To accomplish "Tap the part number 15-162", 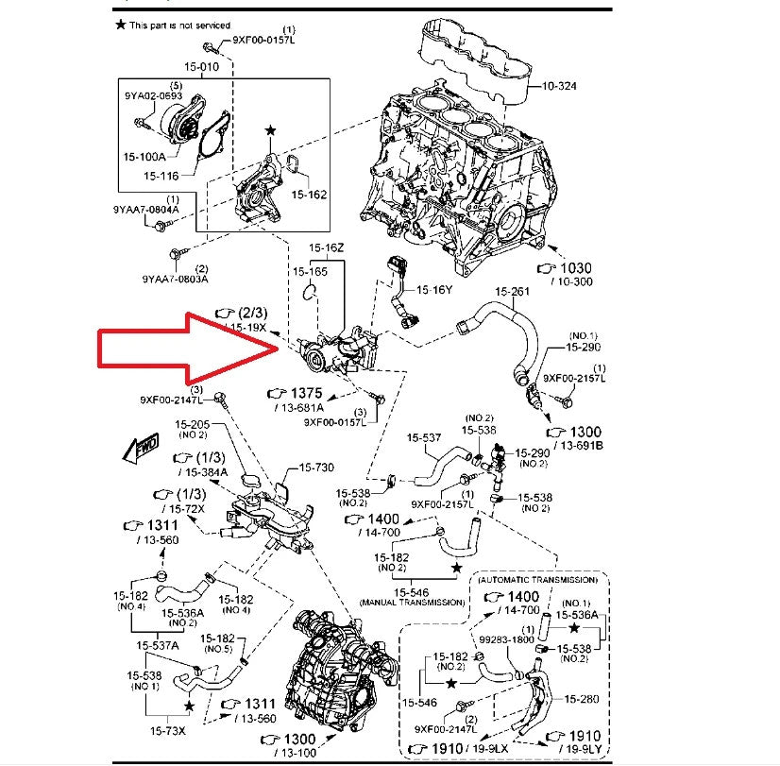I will tap(309, 195).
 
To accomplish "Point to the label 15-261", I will tap(524, 291).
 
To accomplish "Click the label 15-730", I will tap(317, 468).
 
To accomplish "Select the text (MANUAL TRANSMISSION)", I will tap(411, 602).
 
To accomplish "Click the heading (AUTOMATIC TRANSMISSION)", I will tap(538, 579).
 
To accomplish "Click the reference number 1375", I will tap(307, 391).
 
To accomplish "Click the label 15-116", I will tap(162, 177).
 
